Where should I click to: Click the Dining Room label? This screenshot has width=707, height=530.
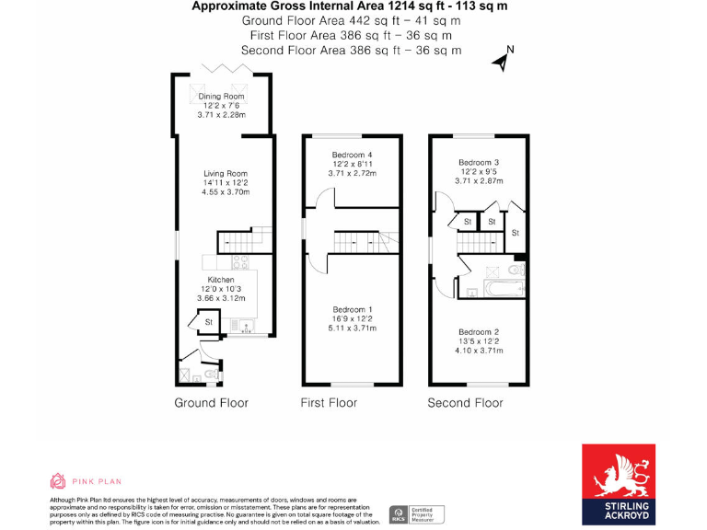pyautogui.click(x=222, y=97)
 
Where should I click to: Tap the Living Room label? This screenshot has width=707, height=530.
pyautogui.click(x=226, y=173)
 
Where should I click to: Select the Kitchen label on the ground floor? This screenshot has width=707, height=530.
pyautogui.click(x=221, y=280)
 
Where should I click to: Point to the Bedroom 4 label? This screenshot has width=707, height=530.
pyautogui.click(x=352, y=155)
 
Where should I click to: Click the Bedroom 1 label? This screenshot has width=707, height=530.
pyautogui.click(x=352, y=309)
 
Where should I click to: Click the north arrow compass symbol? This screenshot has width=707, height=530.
pyautogui.click(x=503, y=60)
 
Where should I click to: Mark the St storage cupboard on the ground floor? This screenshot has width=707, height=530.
pyautogui.click(x=209, y=322)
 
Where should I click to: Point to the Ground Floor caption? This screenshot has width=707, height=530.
pyautogui.click(x=212, y=403)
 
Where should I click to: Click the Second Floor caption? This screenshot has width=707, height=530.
pyautogui.click(x=465, y=403)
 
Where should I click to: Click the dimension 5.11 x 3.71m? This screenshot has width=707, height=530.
pyautogui.click(x=352, y=328)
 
